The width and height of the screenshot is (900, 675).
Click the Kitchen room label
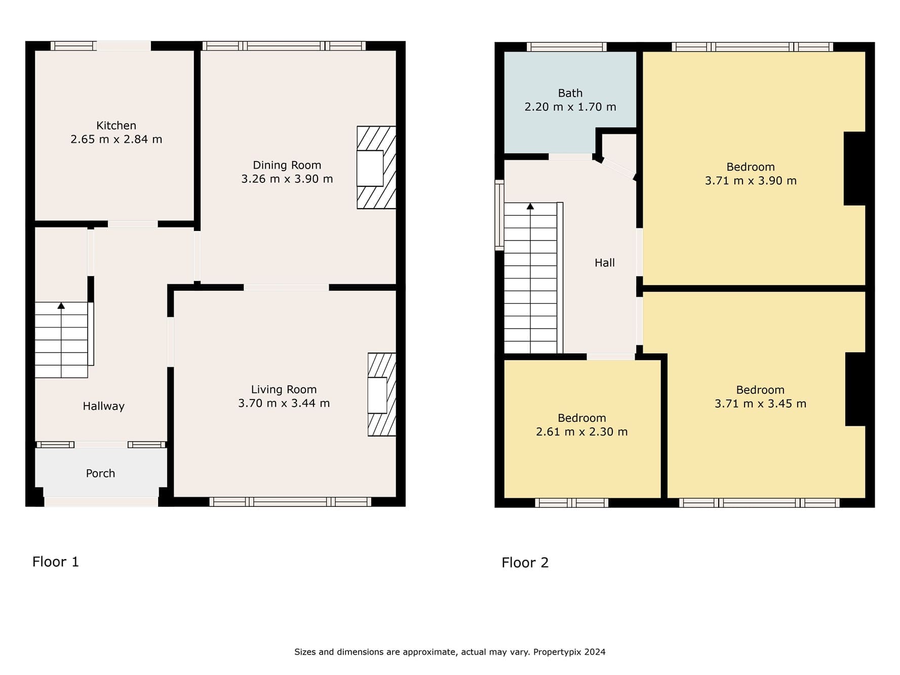point(116,126)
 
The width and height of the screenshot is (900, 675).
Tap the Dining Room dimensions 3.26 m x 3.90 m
point(287,179)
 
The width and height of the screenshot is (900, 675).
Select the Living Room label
point(284,389)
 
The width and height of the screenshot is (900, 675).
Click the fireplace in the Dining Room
point(376,168)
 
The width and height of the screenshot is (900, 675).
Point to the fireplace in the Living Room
point(382,394)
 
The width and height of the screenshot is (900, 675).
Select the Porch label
point(100,473)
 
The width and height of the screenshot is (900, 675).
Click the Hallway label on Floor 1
point(103,406)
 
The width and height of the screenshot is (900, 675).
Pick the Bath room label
point(570,93)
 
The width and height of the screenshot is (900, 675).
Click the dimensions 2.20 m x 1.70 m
point(570,107)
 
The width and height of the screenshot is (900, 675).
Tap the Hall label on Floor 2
point(605,263)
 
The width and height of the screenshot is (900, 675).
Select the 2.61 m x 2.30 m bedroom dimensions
point(582,432)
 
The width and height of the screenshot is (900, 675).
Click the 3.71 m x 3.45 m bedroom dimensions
point(760,404)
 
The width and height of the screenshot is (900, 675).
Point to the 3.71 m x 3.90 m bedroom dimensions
point(751,181)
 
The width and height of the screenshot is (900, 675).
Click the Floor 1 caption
point(56,562)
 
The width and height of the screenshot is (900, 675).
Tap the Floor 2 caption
point(525,563)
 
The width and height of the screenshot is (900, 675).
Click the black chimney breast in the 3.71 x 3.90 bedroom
point(854,169)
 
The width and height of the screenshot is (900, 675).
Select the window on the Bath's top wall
point(567,47)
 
